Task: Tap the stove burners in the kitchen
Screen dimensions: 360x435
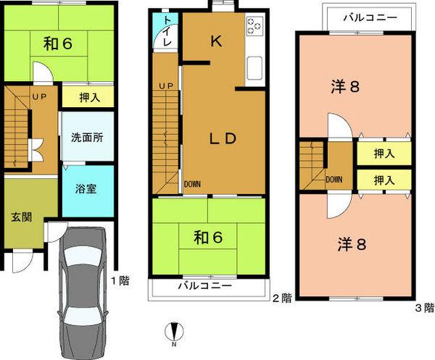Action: (254, 26)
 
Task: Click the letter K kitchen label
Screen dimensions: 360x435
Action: (215, 41)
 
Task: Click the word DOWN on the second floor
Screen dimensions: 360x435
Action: (192, 184)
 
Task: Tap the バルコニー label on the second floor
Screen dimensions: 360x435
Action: (206, 286)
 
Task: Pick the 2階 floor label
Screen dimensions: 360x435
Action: (282, 298)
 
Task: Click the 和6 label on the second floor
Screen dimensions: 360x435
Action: (206, 236)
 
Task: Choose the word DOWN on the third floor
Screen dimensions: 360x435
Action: (334, 180)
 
